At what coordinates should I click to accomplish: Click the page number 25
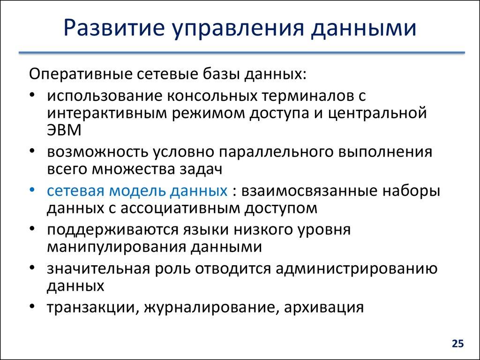click(457, 344)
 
